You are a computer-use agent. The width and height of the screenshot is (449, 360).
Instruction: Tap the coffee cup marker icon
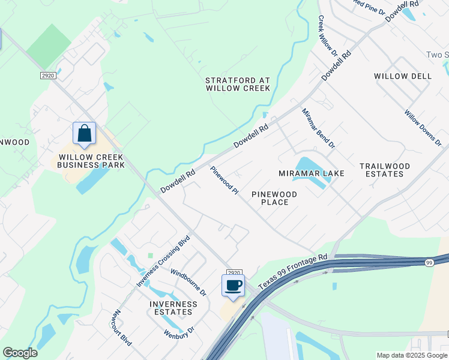[x=233, y=285]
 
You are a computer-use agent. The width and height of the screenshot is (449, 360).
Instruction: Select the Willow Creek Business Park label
[x=91, y=161]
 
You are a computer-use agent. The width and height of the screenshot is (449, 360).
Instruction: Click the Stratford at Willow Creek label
[x=238, y=84]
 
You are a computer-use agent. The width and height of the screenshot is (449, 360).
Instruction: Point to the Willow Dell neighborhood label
[x=402, y=76]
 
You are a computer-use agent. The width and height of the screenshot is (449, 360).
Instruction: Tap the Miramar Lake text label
[x=312, y=173]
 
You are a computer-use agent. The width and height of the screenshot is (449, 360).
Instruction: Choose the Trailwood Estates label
[x=385, y=170]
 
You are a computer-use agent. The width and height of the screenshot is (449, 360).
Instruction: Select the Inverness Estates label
[x=173, y=308]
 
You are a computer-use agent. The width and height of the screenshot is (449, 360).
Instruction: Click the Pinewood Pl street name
[x=225, y=181]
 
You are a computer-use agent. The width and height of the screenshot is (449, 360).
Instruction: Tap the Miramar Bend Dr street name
[x=318, y=128]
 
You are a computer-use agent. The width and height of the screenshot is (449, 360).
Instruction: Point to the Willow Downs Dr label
[x=423, y=128]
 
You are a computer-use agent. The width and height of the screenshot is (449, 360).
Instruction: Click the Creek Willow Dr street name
[x=328, y=36]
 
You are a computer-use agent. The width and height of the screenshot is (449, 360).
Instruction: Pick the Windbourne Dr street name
[x=188, y=283]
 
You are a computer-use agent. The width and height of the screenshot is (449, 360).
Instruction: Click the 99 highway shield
[x=429, y=263]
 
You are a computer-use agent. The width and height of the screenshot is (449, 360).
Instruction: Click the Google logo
[x=20, y=353]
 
